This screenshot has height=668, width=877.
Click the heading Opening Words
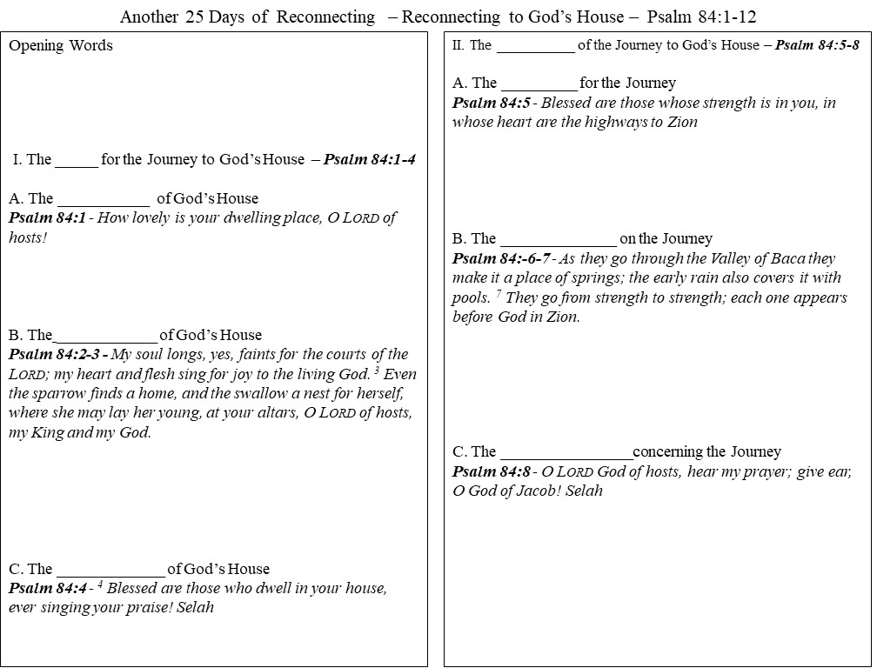click(61, 46)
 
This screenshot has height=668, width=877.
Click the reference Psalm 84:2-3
click(55, 355)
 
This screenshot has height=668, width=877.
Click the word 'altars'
click(271, 412)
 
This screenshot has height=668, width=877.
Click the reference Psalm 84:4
click(47, 589)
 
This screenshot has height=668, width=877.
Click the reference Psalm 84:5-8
click(818, 46)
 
